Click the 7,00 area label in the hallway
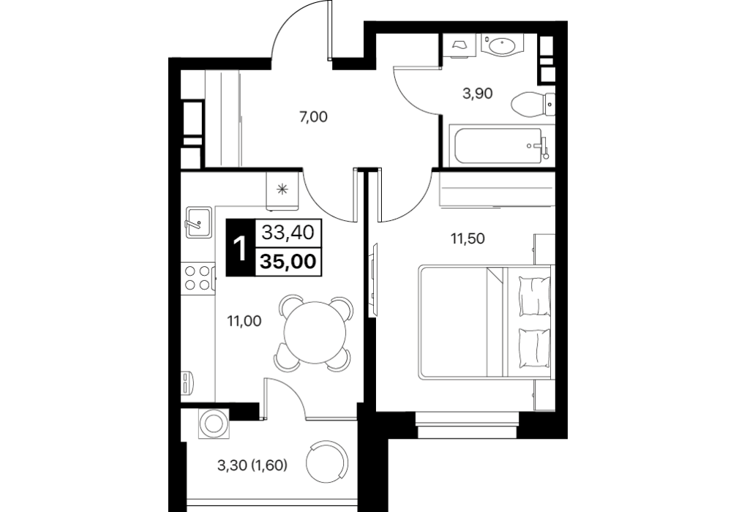click(x=314, y=117)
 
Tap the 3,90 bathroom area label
click(x=477, y=94)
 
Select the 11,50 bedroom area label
click(x=467, y=239)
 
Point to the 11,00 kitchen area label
click(x=244, y=321)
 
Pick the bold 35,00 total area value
click(x=288, y=261)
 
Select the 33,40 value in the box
click(x=288, y=233)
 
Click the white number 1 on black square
click(x=240, y=247)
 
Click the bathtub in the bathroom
click(x=499, y=146)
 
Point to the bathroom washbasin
click(x=502, y=45)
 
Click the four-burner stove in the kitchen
click(x=198, y=277)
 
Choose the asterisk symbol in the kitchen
click(x=282, y=189)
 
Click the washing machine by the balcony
click(x=214, y=423)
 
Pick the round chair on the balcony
click(x=327, y=462)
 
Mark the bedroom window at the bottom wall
click(x=467, y=425)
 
